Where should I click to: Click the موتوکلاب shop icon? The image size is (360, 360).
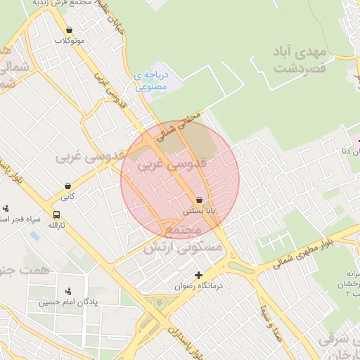69,30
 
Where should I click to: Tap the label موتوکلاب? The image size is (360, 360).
69,41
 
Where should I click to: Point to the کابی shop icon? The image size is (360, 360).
67,186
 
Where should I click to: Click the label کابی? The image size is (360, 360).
67,198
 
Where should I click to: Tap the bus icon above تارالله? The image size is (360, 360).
56,214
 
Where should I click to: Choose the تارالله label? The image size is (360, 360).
52,225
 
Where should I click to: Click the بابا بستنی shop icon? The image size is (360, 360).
200,200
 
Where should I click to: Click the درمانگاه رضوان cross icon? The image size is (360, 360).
199,275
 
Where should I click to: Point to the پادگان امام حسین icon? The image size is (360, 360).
68,291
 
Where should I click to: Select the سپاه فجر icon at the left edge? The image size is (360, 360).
6,208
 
